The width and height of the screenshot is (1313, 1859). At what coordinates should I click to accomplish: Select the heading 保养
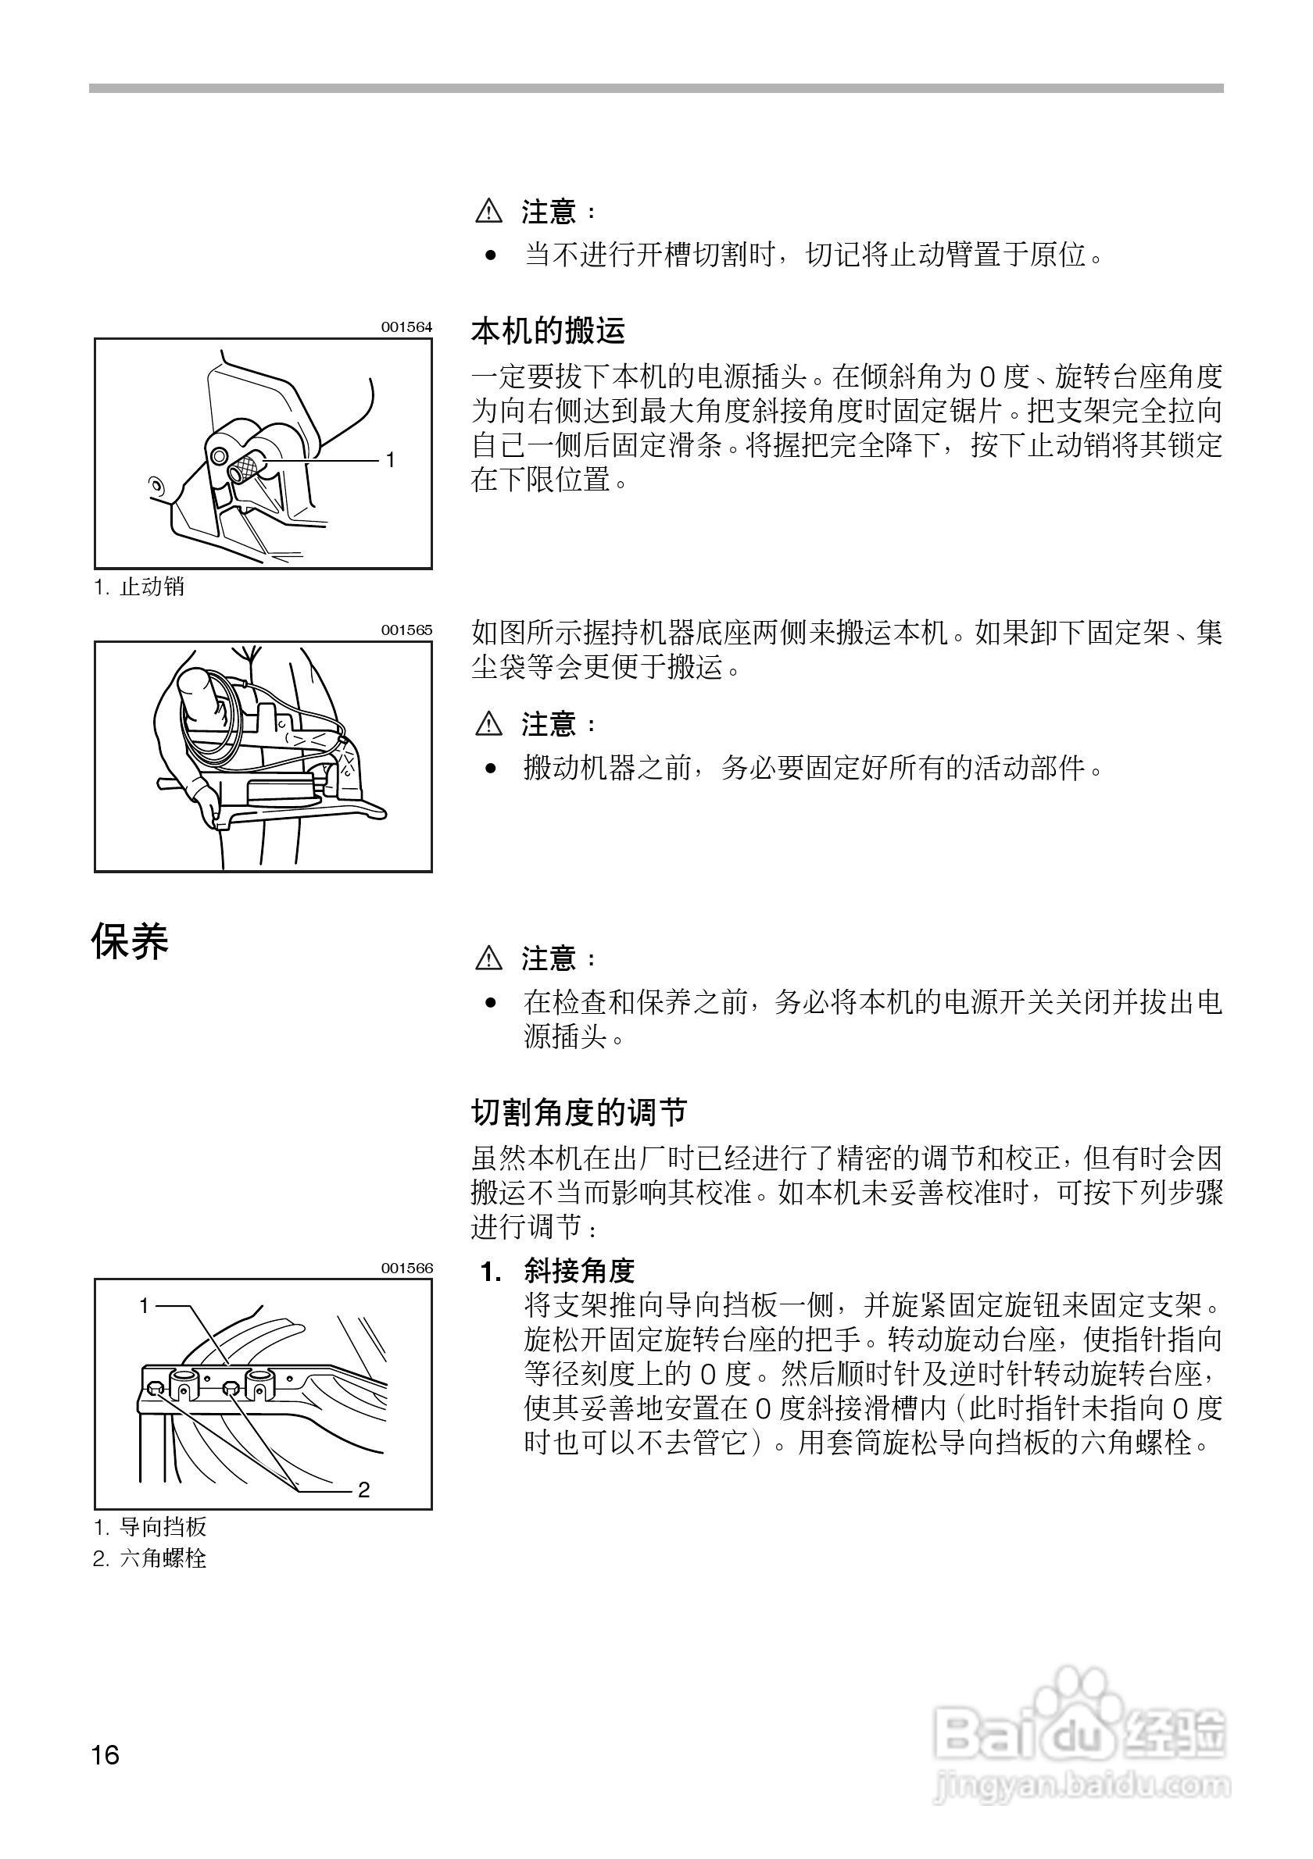pyautogui.click(x=130, y=942)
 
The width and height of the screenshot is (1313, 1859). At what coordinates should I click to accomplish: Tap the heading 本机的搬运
pyautogui.click(x=549, y=331)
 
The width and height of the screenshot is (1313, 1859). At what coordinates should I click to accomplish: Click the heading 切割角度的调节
pyautogui.click(x=579, y=1113)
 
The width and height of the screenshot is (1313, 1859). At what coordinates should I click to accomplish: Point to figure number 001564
pyautogui.click(x=406, y=327)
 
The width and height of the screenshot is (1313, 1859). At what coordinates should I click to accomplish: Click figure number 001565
pyautogui.click(x=406, y=630)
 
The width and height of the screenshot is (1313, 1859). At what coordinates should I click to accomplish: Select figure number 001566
pyautogui.click(x=406, y=1268)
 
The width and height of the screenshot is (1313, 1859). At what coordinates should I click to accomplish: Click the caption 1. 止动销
pyautogui.click(x=139, y=586)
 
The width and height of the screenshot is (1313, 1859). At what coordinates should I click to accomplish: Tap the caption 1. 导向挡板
pyautogui.click(x=151, y=1527)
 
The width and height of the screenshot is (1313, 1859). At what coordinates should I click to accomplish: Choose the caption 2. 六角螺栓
pyautogui.click(x=150, y=1558)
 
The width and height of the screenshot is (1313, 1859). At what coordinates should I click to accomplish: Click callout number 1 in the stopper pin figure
pyautogui.click(x=391, y=460)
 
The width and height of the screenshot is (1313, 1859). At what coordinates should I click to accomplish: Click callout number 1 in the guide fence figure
pyautogui.click(x=145, y=1305)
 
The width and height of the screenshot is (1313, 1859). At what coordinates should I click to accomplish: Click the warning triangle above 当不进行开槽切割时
pyautogui.click(x=489, y=212)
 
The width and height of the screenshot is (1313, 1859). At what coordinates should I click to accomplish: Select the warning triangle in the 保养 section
pyautogui.click(x=489, y=959)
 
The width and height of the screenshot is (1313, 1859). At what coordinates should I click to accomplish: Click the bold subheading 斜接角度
pyautogui.click(x=578, y=1271)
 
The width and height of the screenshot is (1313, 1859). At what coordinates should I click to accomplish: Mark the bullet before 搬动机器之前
pyautogui.click(x=490, y=768)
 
